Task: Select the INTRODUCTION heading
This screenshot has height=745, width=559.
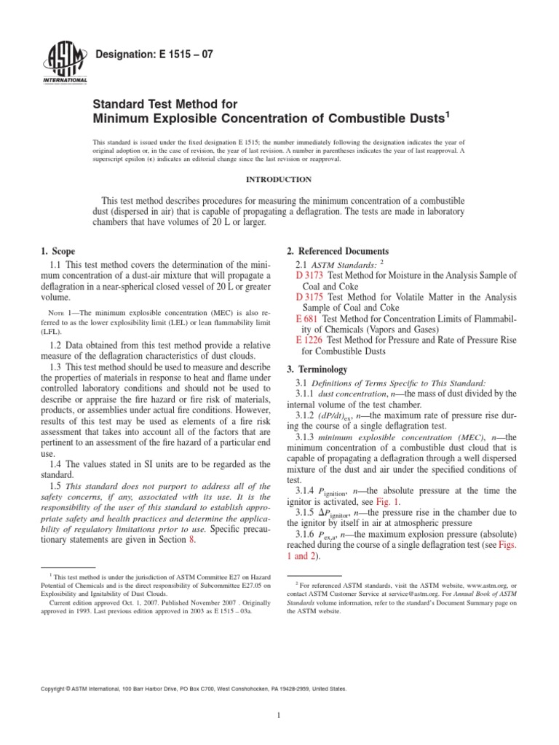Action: point(279,179)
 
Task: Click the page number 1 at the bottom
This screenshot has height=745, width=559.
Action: point(279,716)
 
